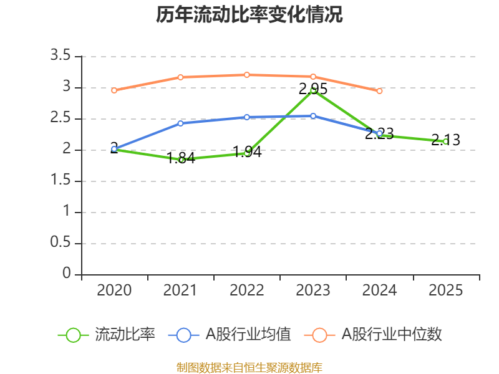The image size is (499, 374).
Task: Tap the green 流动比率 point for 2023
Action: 313,90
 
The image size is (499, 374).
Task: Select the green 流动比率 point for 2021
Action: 181,160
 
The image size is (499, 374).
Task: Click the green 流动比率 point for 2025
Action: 445,141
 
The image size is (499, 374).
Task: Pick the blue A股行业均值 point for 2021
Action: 181,123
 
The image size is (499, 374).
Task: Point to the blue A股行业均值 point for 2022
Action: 247,117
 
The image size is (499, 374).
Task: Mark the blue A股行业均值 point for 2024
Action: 379,133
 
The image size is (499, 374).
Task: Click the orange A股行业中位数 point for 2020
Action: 114,90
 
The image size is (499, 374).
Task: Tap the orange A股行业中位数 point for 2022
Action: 247,75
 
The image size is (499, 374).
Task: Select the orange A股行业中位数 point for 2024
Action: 379,91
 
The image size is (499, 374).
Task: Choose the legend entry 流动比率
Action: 107,335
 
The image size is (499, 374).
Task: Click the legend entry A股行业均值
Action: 231,335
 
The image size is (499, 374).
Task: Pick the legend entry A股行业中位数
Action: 374,335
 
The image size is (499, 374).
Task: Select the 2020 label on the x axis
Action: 115,290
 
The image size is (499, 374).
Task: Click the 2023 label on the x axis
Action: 313,290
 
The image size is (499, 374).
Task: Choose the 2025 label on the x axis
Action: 446,290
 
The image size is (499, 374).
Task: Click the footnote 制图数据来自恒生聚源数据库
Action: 249,367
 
